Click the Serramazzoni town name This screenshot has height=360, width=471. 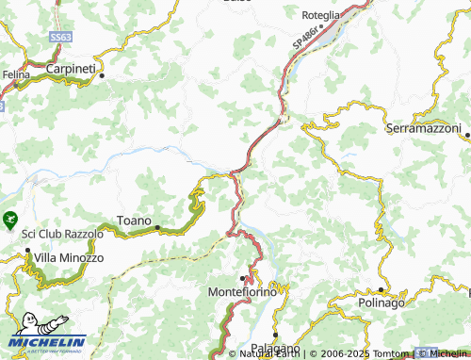pyautogui.click(x=424, y=127)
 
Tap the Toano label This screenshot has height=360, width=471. pyautogui.click(x=133, y=221)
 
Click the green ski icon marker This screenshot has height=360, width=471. pyautogui.click(x=9, y=220)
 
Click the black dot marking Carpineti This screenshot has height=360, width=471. pyautogui.click(x=102, y=75)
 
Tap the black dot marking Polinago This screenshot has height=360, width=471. pyautogui.click(x=381, y=290)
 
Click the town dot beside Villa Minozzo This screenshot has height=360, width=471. pyautogui.click(x=27, y=252)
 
